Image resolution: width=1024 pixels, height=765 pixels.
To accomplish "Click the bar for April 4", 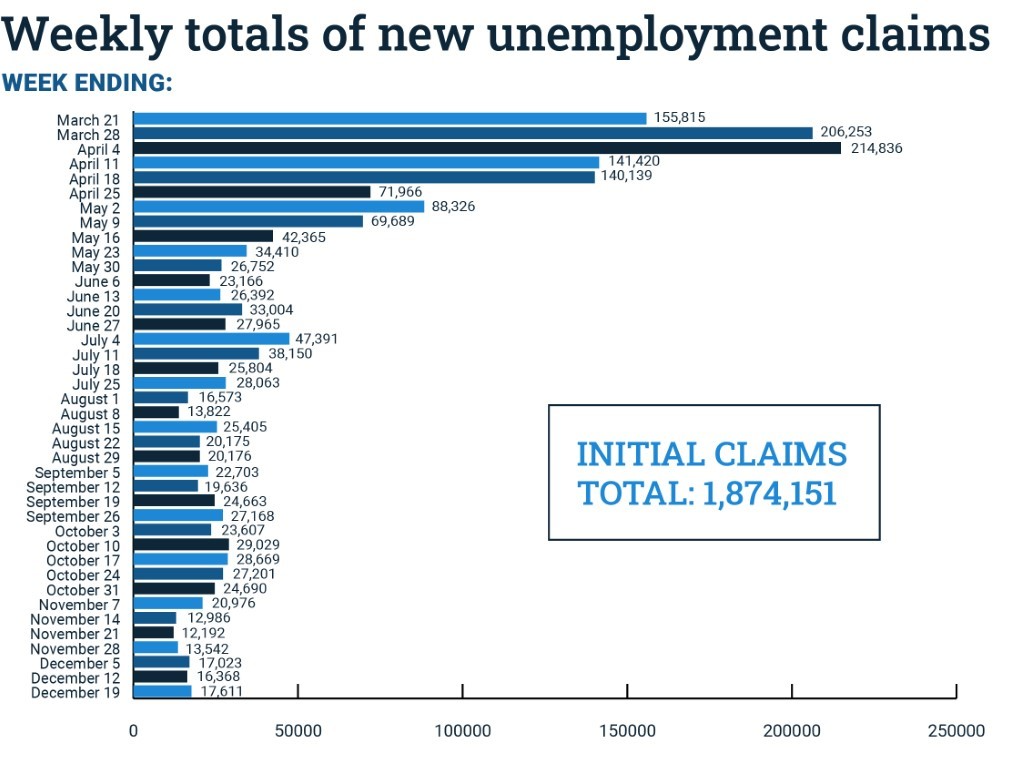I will [487, 148].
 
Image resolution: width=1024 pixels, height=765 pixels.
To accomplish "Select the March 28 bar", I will [473, 133].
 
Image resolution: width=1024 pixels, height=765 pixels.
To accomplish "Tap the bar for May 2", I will [279, 207].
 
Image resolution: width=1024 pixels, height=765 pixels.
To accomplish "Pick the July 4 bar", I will [211, 339].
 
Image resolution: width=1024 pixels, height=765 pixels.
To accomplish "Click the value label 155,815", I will [680, 117].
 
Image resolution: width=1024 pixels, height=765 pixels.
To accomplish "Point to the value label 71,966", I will [402, 191].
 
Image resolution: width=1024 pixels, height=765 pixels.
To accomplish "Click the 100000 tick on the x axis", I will [463, 731].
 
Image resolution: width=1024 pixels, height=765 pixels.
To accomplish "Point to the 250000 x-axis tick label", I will [956, 731].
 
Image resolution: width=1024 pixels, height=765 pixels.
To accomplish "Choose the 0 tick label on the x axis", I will [133, 731].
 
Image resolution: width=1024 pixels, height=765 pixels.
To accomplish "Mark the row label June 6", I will [100, 282].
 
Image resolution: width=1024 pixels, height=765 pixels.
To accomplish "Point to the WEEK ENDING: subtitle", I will [87, 83].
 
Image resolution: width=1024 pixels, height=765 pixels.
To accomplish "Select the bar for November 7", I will [168, 603].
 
